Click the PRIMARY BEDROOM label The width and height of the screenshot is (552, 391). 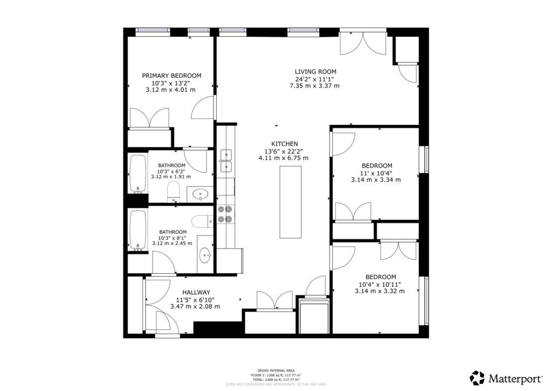pos(171,76)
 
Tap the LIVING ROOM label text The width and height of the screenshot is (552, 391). pos(315,71)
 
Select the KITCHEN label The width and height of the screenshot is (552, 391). pos(284,144)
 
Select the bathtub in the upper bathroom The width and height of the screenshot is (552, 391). pos(138,174)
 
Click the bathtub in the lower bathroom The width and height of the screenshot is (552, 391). pos(138,231)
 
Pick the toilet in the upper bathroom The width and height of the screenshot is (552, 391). pos(174,191)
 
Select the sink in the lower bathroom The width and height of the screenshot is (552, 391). pos(205,255)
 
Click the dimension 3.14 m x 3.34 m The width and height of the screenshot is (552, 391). pos(377,180)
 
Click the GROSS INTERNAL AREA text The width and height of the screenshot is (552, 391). pos(275,371)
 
